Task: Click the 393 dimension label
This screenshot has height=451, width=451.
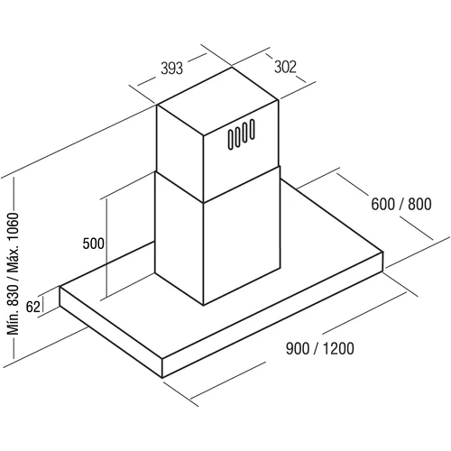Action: coord(171,69)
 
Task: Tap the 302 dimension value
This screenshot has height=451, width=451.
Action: coord(285,67)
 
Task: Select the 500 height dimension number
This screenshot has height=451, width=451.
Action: coord(94,244)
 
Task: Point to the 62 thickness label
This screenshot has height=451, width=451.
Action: coord(33,307)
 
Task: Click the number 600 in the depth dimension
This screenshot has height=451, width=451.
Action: coord(383,204)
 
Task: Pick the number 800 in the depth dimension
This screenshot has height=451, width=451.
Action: coord(419,204)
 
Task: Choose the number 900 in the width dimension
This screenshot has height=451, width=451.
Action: coord(298,349)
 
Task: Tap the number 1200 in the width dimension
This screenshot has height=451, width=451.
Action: coord(338,349)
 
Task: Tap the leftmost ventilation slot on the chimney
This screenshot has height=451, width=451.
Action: coord(231,140)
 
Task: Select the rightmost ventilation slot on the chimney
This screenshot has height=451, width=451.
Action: coord(252,130)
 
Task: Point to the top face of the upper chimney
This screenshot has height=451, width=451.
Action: coord(217,102)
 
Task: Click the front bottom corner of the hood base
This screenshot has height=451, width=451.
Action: coord(162,378)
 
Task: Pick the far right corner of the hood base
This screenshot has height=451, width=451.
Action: coord(382,252)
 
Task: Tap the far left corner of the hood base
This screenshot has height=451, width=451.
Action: coord(60,287)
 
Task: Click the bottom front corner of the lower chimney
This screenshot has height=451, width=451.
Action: coord(203,305)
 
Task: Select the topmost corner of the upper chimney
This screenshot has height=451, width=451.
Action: coord(232,68)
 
